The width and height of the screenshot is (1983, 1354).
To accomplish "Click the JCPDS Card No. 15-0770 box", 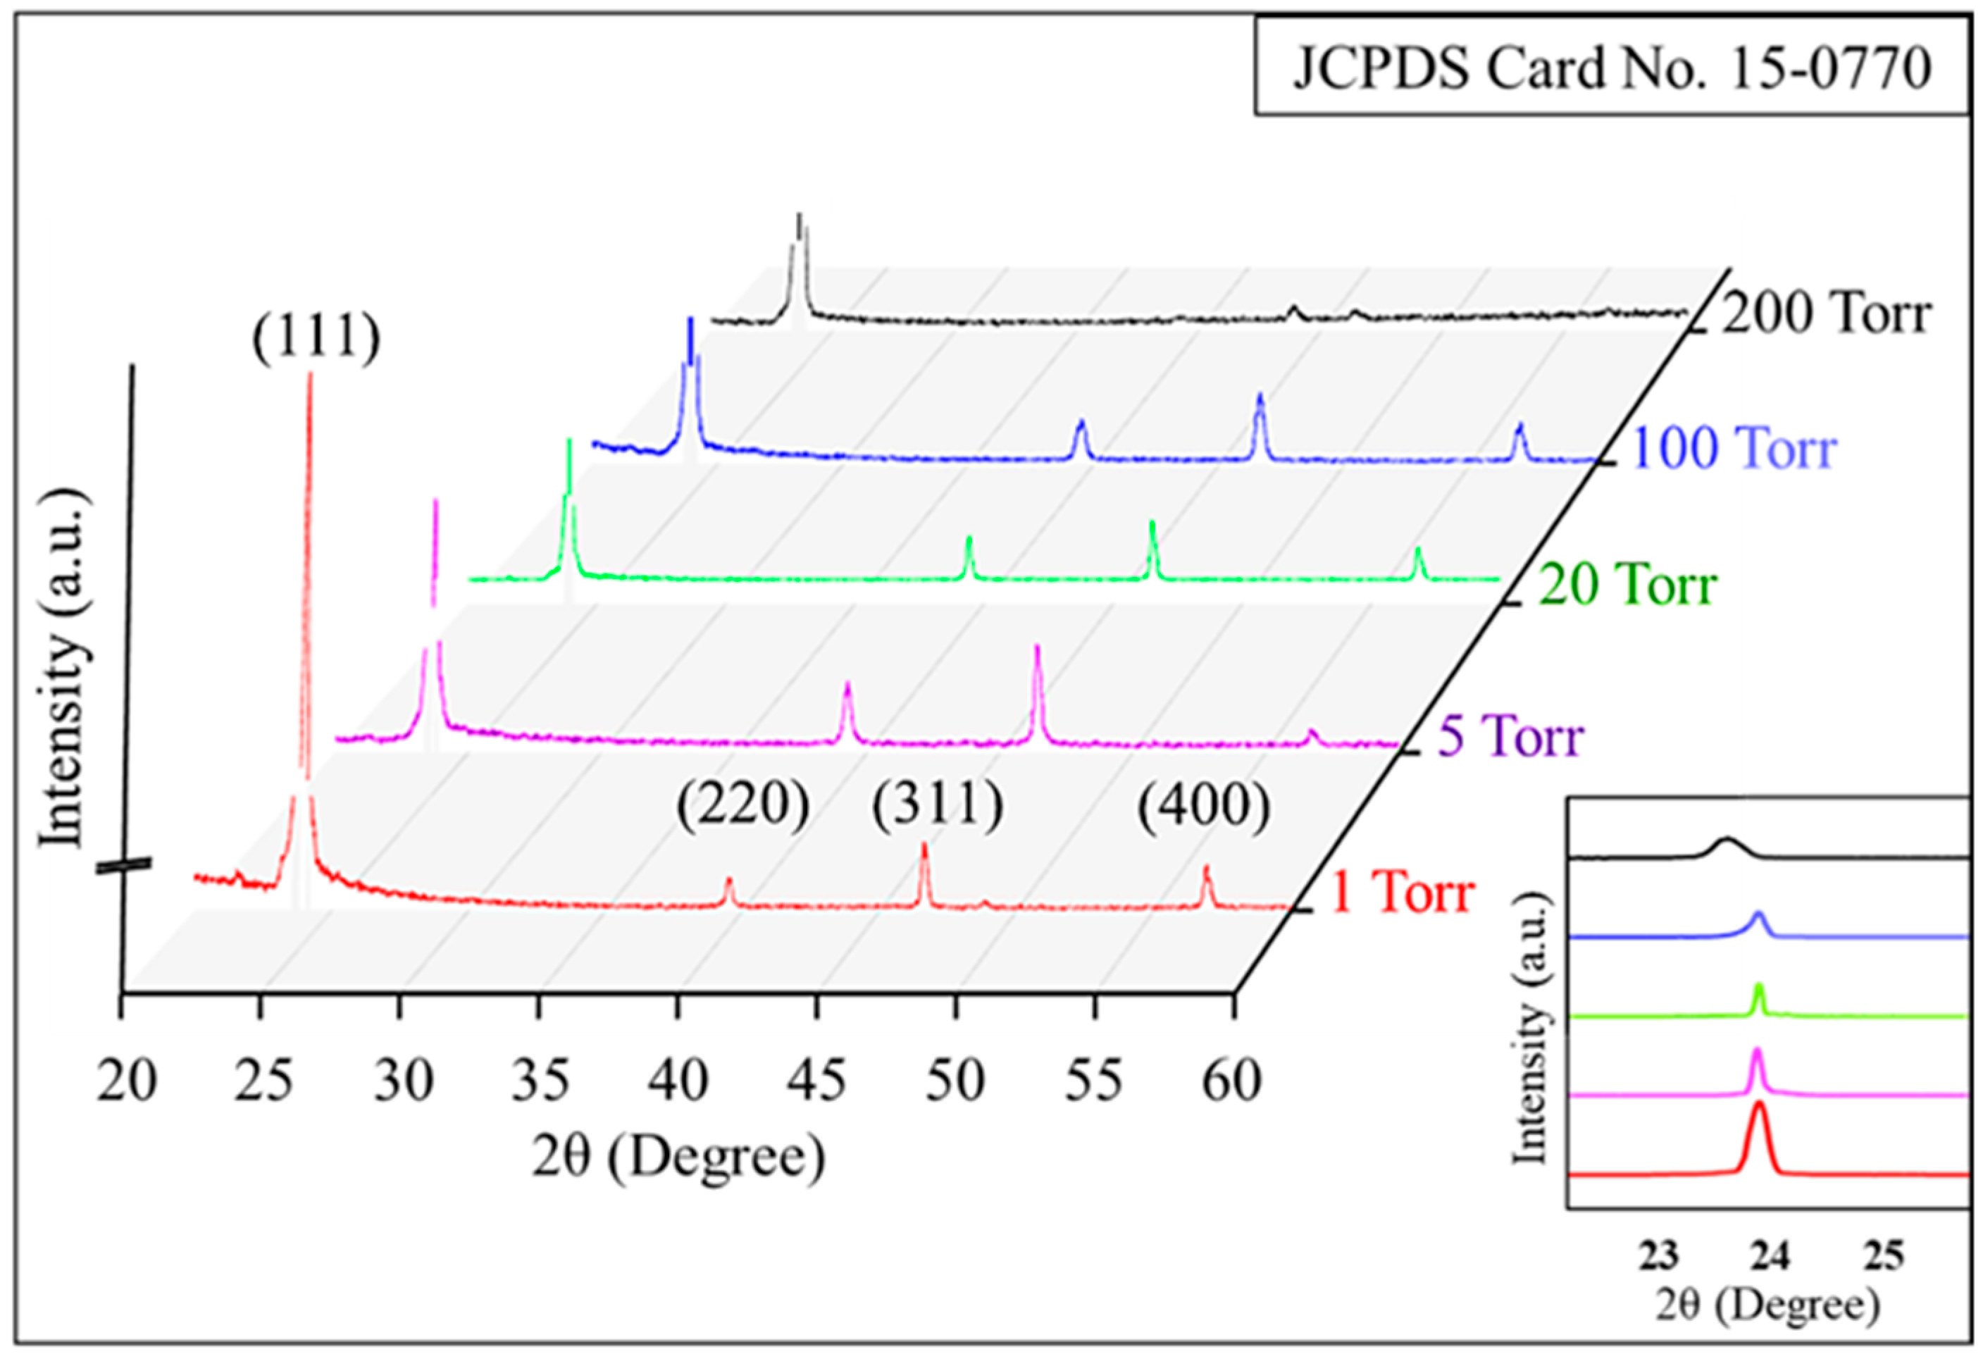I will [x=1611, y=68].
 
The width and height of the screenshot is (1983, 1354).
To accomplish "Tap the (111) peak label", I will [x=316, y=339].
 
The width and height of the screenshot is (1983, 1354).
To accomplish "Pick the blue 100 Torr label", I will [x=1732, y=449].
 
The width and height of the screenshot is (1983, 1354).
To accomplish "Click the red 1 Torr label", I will [x=1402, y=894].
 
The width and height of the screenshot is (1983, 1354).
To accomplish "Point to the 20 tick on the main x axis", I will [x=126, y=1081].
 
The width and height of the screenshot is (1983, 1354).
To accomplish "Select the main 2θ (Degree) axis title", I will [x=679, y=1157].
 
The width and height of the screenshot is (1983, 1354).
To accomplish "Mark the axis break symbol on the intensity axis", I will [x=124, y=866].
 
